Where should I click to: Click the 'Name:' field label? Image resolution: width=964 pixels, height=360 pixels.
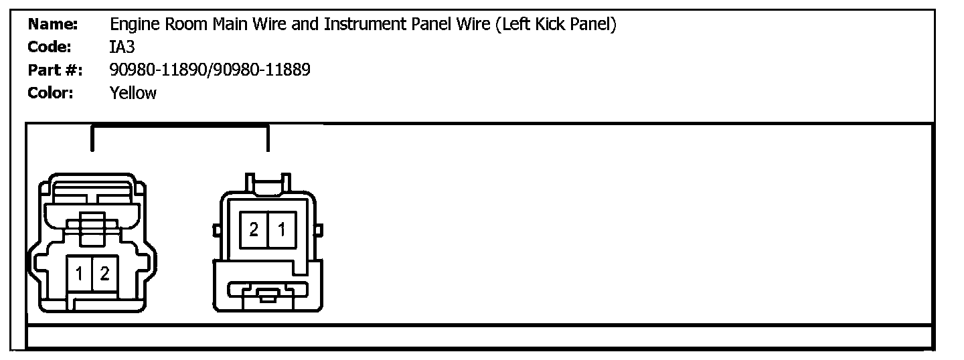pos(53,25)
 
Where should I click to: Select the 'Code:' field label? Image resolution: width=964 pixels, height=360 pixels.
pos(50,48)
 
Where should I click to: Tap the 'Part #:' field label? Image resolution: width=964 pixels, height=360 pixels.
pos(55,70)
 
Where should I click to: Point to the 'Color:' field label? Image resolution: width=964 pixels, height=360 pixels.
pos(51,92)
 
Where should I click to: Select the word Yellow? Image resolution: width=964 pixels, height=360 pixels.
pos(133,92)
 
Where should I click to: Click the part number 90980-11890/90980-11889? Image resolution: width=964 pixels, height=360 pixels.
pos(210,70)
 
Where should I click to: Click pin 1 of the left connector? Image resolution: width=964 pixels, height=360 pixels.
pos(80,274)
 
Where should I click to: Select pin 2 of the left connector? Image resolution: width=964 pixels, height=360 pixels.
pos(104,274)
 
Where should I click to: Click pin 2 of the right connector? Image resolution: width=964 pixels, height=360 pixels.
pos(254,230)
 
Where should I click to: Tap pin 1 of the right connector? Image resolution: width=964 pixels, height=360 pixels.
pos(282,230)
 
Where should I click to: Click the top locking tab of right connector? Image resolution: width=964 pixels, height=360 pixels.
pos(268,182)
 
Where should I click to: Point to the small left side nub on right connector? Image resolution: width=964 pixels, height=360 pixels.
pos(217,231)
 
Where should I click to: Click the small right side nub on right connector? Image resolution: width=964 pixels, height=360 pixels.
pos(319,231)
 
